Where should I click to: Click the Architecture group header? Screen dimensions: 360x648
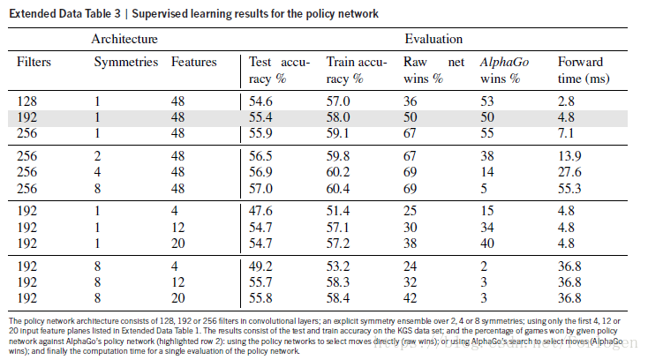tap(124, 40)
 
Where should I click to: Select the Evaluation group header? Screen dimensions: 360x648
tap(433, 40)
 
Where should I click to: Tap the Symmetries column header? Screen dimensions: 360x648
tap(126, 62)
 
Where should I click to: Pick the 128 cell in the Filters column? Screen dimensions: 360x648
tap(27, 102)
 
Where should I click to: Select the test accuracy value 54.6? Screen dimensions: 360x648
tap(262, 102)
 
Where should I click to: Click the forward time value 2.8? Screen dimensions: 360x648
tap(567, 102)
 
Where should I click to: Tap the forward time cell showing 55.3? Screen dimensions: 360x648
tap(569, 190)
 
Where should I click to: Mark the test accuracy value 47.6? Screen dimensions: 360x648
tap(262, 212)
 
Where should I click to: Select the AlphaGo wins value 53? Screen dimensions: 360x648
tap(488, 102)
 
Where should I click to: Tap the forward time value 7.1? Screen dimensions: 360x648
tap(567, 133)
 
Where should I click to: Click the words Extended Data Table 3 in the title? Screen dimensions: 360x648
tap(61, 14)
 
